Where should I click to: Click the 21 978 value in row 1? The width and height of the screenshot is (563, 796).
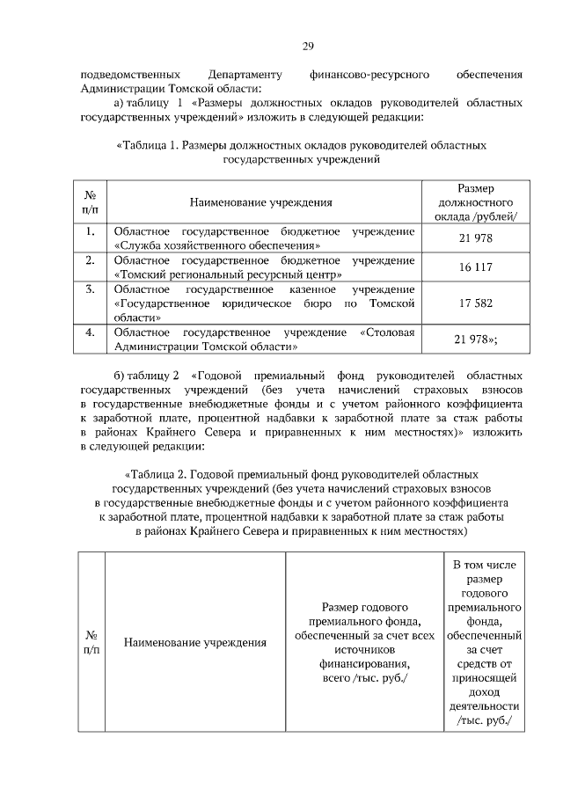point(476,238)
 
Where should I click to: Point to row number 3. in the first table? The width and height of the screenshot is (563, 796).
point(90,289)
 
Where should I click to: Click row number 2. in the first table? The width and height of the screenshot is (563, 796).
point(90,260)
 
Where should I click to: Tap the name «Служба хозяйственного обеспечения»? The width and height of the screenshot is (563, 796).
point(216,245)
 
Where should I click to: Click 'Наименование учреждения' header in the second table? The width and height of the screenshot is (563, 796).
point(195,642)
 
